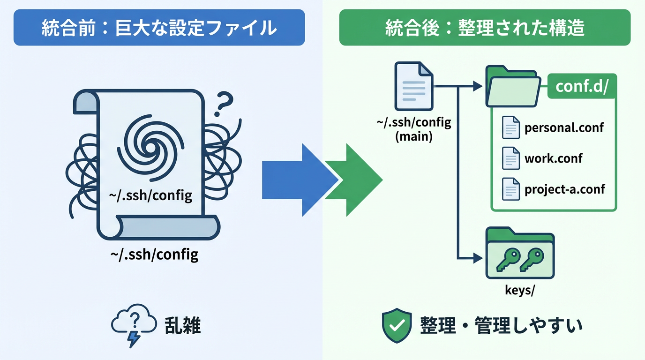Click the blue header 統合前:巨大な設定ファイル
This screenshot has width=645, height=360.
click(159, 28)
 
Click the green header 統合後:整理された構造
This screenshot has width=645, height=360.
click(485, 28)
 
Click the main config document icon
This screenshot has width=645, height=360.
click(414, 86)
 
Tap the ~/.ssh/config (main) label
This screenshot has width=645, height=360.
click(414, 130)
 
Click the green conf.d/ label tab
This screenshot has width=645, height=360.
click(582, 86)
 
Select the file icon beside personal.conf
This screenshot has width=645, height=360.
click(511, 127)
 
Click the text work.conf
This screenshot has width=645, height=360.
click(554, 158)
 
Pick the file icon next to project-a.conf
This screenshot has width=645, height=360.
click(511, 189)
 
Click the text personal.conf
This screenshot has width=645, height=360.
click(564, 127)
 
